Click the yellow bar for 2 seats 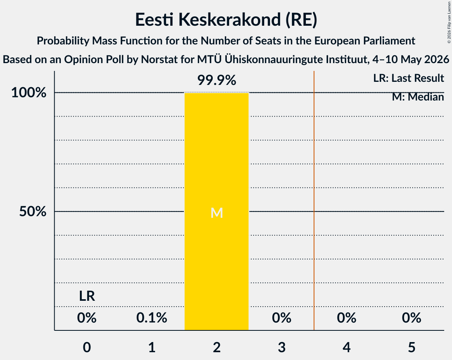pos(217,211)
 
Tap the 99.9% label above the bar pos(217,80)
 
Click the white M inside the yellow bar pos(217,213)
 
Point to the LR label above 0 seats pos(87,296)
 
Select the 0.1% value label pos(152,318)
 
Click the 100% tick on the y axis pos(29,93)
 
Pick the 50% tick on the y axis pos(33,212)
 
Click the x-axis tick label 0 pos(87,347)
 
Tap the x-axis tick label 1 pos(152,347)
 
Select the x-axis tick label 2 pos(217,347)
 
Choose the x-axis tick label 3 pos(282,347)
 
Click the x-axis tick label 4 pos(347,347)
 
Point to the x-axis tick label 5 pos(411,347)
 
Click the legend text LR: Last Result pos(408,78)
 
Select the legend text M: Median pos(418,97)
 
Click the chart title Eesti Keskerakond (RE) pos(226,19)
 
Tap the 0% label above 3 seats pos(282,318)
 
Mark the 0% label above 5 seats pos(411,318)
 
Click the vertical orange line pos(314,201)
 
